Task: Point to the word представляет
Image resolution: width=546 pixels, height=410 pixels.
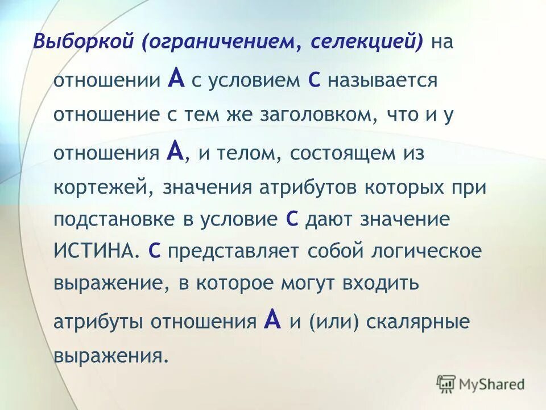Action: (233, 251)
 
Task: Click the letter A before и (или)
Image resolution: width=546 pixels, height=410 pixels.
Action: (273, 321)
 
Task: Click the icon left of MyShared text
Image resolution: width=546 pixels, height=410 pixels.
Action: (446, 383)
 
